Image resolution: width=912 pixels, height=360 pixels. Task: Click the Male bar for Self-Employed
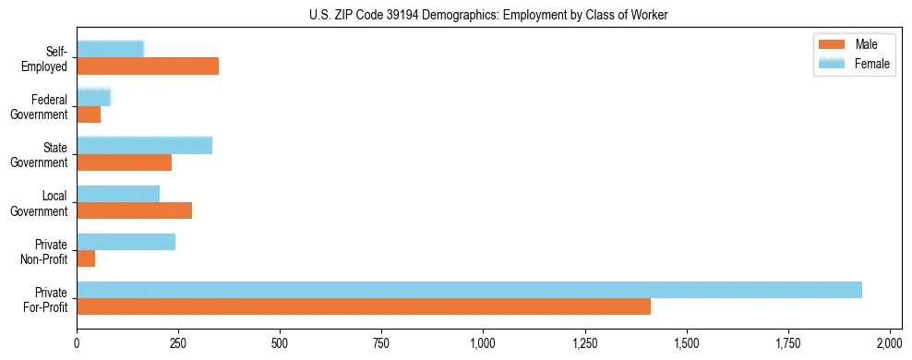(148, 66)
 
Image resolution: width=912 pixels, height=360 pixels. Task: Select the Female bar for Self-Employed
(111, 49)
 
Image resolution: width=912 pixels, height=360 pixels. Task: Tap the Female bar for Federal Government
(94, 97)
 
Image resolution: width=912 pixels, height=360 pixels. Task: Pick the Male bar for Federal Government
(89, 114)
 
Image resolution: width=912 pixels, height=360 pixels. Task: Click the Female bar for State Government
(145, 145)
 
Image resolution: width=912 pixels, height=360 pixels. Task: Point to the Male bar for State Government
(125, 162)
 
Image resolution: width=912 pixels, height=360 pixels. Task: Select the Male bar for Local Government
(135, 210)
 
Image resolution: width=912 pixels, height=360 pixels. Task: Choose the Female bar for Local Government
(118, 194)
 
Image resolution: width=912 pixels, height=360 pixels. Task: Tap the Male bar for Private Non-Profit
(86, 258)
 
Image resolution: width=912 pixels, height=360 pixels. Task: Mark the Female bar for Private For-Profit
(469, 290)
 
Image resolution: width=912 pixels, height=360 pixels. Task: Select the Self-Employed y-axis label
(50, 57)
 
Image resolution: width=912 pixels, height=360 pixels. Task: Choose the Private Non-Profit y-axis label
(50, 251)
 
